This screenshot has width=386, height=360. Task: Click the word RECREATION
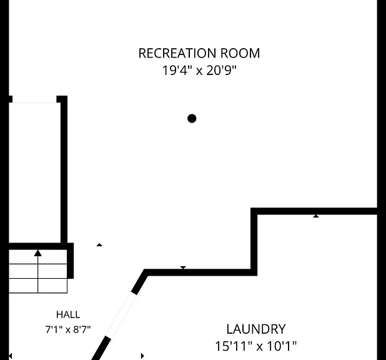pos(177,53)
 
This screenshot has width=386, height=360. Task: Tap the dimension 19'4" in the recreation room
pos(177,70)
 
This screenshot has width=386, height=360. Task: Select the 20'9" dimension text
pos(221,70)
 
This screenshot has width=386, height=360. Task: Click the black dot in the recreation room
pos(192,119)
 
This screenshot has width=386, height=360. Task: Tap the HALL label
pos(68,314)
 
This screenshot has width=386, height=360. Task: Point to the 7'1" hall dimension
pos(54,329)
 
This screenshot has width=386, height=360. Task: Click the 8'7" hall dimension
pos(82,329)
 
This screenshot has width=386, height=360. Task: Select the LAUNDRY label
pos(256,329)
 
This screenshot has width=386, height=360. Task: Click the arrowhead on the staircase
pos(38,253)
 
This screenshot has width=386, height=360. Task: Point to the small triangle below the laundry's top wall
pos(316,216)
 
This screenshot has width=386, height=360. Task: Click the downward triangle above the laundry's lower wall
pos(183,267)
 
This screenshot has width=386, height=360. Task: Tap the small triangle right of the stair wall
pos(99,244)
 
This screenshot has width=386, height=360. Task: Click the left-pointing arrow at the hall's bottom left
pos(10,356)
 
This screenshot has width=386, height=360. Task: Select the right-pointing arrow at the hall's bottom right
pos(142,356)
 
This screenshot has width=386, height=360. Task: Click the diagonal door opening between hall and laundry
pos(121,314)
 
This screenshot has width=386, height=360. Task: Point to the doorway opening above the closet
pos(34,102)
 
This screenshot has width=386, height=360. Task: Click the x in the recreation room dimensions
pos(199,72)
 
